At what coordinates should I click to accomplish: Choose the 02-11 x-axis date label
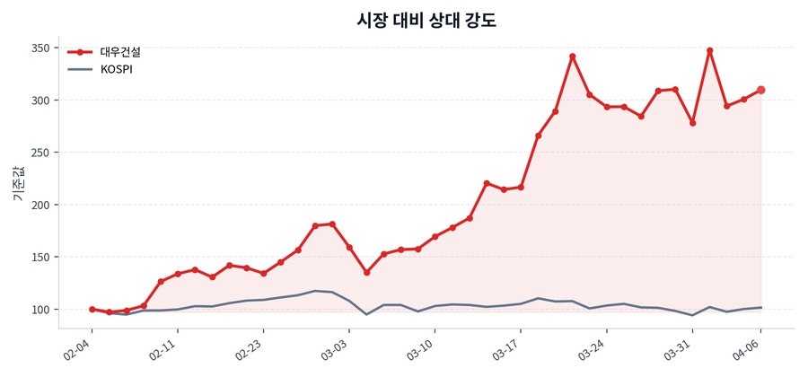(164, 347)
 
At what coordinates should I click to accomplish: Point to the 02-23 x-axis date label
(250, 347)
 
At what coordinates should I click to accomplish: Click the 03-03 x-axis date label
(336, 347)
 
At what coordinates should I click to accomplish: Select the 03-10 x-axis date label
(422, 347)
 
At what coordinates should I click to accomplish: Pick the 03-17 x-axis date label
(507, 347)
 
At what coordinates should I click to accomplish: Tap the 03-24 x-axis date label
(593, 347)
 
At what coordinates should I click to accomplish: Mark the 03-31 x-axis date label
(679, 347)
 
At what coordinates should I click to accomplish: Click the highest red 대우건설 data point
(709, 51)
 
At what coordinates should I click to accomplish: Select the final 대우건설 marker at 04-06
(761, 90)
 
